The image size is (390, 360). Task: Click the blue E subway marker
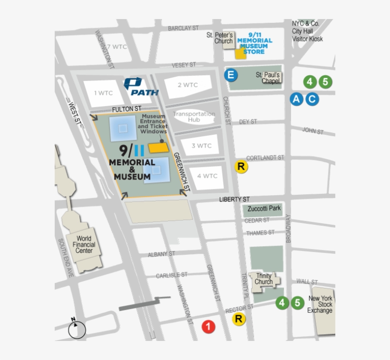pyautogui.click(x=231, y=75)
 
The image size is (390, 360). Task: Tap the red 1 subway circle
pyautogui.click(x=208, y=327)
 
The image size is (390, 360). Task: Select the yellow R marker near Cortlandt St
pyautogui.click(x=242, y=167)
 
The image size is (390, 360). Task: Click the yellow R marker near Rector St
pyautogui.click(x=239, y=320)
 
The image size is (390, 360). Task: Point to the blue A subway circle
pyautogui.click(x=297, y=99)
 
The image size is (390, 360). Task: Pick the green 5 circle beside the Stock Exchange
pyautogui.click(x=298, y=302)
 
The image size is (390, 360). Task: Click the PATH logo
pyautogui.click(x=140, y=87)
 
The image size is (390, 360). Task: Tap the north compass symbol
pyautogui.click(x=77, y=329)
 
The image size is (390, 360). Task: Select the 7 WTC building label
pyautogui.click(x=117, y=47)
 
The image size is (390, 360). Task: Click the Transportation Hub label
pyautogui.click(x=194, y=117)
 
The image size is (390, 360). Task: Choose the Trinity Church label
pyautogui.click(x=263, y=279)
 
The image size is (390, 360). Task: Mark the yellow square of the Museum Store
pyautogui.click(x=241, y=53)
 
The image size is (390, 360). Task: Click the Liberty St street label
pyautogui.click(x=234, y=200)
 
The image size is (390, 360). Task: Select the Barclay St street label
pyautogui.click(x=183, y=29)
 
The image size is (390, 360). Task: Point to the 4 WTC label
pyautogui.click(x=207, y=176)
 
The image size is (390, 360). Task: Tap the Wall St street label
pyautogui.click(x=307, y=281)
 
